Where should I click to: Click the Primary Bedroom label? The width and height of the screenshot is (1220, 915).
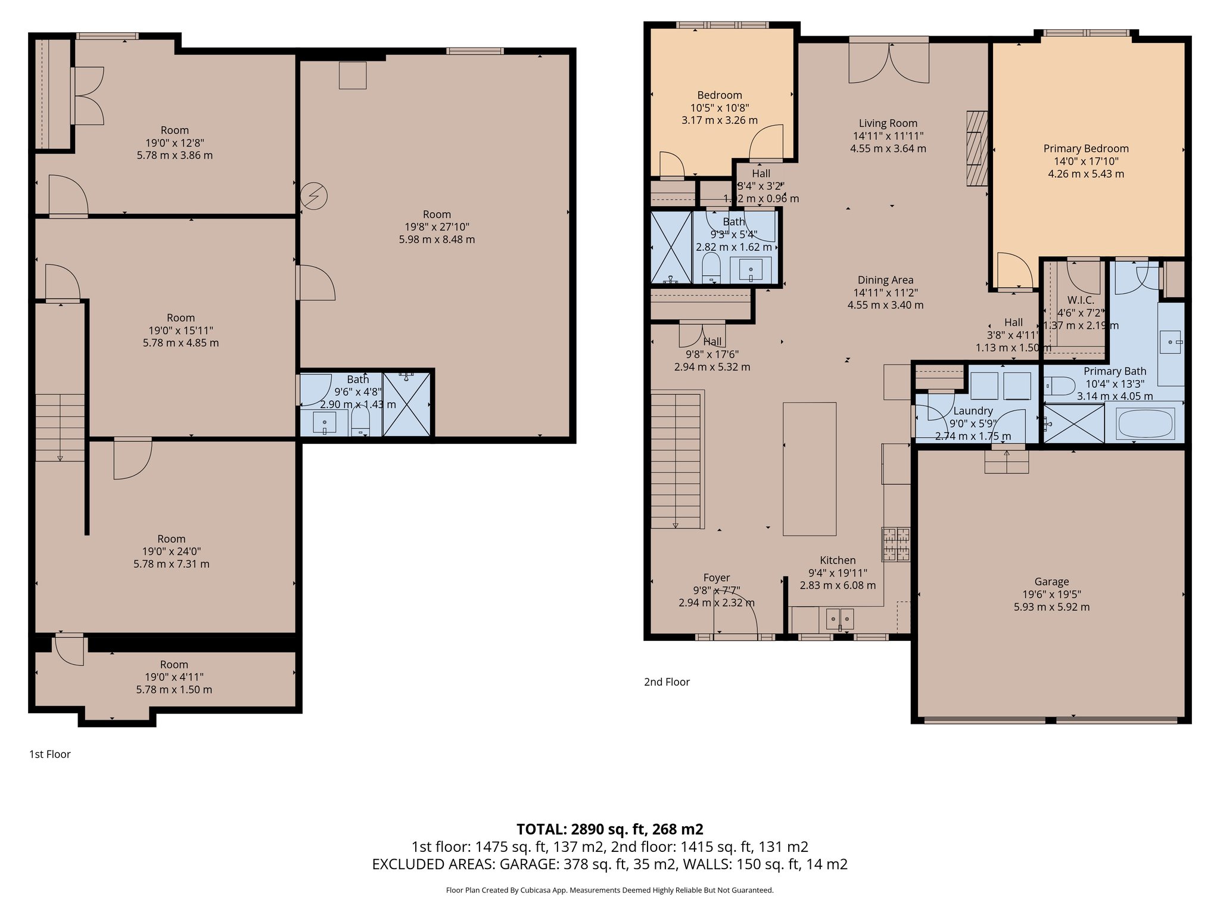[x=1085, y=149]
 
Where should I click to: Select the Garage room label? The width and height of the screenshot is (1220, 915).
[x=1051, y=582]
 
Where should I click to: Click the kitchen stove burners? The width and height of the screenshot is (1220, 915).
[x=896, y=544]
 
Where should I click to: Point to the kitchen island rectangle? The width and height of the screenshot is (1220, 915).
[x=809, y=469]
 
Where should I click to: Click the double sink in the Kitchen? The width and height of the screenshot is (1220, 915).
[x=839, y=619]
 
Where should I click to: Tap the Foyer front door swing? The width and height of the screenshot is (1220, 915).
[x=736, y=617]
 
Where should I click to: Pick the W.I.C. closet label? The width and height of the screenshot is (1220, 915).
[x=1080, y=300]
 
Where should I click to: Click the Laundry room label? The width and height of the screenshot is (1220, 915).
[x=973, y=411]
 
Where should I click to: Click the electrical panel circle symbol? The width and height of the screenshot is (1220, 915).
[x=314, y=197]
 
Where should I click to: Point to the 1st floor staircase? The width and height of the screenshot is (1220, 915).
[x=60, y=427]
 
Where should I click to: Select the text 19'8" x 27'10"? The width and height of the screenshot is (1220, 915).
[x=437, y=227]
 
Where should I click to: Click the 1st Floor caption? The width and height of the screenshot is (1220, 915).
[x=50, y=754]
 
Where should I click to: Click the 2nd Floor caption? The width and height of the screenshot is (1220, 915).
[x=667, y=682]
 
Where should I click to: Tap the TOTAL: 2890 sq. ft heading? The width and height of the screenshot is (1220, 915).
[x=609, y=829]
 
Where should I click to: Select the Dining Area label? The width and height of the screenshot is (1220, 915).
[x=885, y=280]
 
